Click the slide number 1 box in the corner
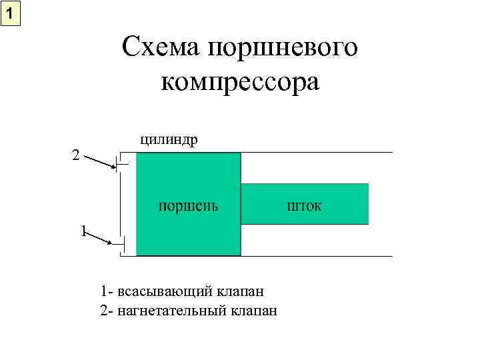pos(11,13)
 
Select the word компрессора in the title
pos(241,83)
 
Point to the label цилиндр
pos(168,139)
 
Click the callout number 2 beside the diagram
pos(76,155)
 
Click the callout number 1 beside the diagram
pos(83,231)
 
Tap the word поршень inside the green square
pos(187,205)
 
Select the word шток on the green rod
pos(304,205)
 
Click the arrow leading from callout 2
pos(101,164)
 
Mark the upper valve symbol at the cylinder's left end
pos(117,164)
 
